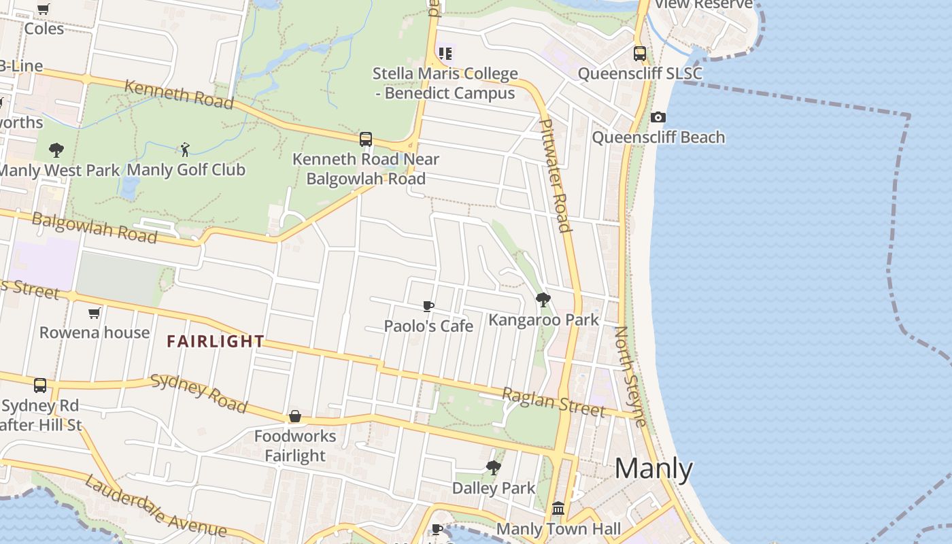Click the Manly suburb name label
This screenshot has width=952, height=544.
653,469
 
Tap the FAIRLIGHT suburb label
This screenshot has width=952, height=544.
216,341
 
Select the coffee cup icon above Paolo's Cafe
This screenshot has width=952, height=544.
428,306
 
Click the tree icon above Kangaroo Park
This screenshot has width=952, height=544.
543,299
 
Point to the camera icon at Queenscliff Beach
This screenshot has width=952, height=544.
658,118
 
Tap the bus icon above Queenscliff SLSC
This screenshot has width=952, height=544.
639,54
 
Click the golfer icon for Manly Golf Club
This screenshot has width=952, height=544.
185,150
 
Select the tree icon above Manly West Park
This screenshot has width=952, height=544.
56,150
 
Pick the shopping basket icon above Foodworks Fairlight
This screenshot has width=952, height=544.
295,415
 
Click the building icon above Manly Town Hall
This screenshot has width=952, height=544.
558,508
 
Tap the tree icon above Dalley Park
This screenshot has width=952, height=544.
494,468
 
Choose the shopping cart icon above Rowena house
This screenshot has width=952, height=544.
94,313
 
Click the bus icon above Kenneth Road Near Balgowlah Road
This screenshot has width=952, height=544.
366,139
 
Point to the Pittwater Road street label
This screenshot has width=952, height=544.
555,175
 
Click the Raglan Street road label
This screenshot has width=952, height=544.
553,402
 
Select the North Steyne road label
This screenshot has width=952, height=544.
630,375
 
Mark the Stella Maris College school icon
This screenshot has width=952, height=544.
445,53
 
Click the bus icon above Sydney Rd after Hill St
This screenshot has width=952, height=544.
40,386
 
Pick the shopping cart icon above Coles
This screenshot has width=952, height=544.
44,10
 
